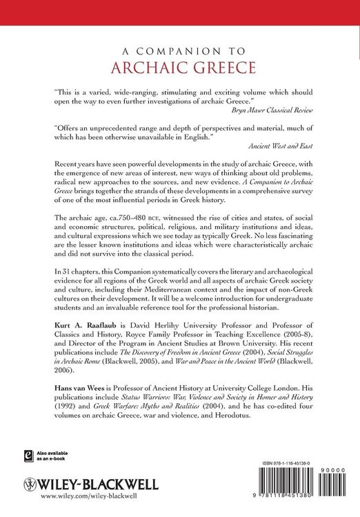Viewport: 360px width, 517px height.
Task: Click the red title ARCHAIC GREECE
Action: click(179, 69)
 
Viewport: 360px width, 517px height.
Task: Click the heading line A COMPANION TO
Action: click(179, 52)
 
